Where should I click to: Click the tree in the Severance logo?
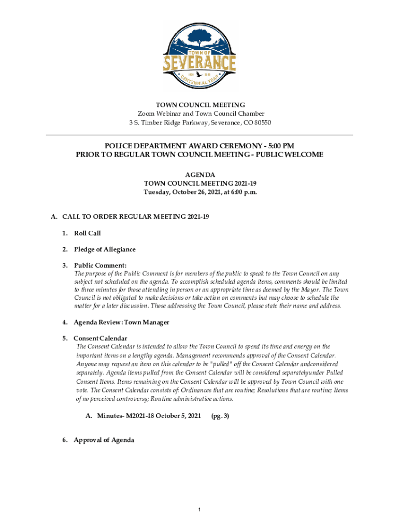tap(199, 37)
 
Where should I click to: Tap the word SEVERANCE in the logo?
tap(199, 64)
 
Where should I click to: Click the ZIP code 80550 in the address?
tap(260, 123)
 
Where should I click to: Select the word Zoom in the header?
tap(146, 114)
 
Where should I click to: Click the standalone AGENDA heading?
tap(199, 175)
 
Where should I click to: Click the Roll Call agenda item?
tap(87, 233)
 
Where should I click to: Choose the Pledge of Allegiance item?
tap(105, 249)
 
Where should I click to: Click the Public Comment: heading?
tap(100, 265)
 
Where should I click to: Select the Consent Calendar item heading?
tap(100, 338)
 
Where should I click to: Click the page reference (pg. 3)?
tap(220, 416)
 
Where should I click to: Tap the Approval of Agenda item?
tap(104, 440)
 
